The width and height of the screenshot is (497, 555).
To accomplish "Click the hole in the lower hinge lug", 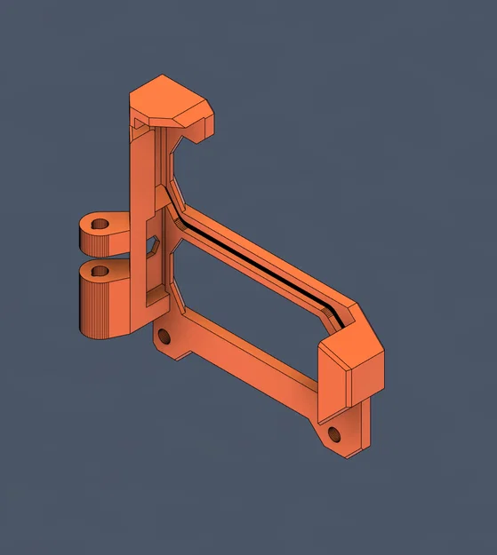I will [x=100, y=270].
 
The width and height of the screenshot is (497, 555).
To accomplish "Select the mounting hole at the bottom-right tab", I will [x=334, y=433].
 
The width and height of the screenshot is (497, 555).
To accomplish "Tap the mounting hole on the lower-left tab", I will [x=163, y=337].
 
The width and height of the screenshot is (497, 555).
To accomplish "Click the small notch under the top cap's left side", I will [x=140, y=131].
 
